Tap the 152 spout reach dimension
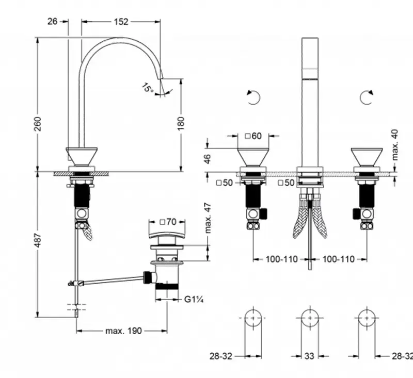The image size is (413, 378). pos(120,21)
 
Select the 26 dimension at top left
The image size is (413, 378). pos(52,21)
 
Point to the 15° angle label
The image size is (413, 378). pos(148,89)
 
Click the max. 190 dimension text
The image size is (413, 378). pos(123,331)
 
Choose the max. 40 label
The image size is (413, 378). pos(395,145)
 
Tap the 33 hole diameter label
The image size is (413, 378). pos(309,355)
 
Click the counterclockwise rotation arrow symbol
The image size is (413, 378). pos(253,97)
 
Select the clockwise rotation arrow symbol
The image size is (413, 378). pos(367,97)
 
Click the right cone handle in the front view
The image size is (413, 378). pos(367,157)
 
